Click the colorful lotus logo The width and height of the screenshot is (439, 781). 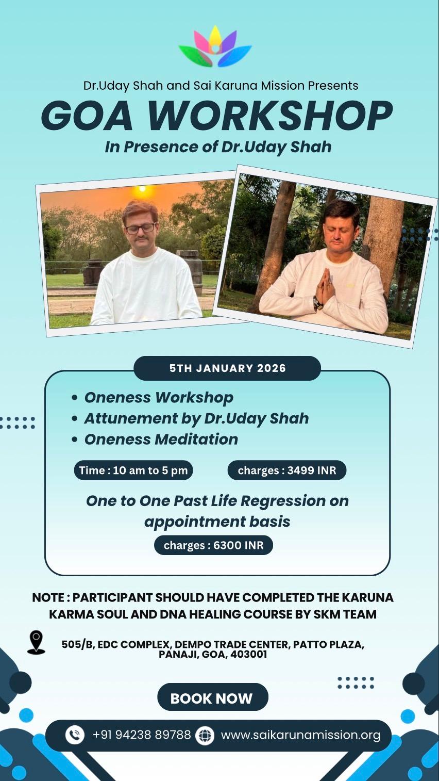[215, 47]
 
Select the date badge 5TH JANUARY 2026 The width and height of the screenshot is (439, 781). [227, 368]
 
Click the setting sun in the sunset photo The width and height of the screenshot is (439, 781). [140, 192]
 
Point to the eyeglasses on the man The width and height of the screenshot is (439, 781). [140, 227]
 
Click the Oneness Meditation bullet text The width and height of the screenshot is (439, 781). [161, 439]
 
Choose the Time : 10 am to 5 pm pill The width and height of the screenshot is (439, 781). [133, 470]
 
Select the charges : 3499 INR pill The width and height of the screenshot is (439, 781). [286, 470]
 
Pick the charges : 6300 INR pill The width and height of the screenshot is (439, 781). [213, 545]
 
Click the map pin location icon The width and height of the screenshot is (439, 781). [36, 642]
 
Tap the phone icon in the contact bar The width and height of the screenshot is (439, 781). [75, 735]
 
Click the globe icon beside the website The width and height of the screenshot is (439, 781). [205, 735]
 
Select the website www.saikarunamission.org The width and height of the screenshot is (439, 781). [300, 735]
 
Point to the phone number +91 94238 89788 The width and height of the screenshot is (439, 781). [142, 735]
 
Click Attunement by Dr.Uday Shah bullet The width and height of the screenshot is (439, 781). [196, 418]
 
